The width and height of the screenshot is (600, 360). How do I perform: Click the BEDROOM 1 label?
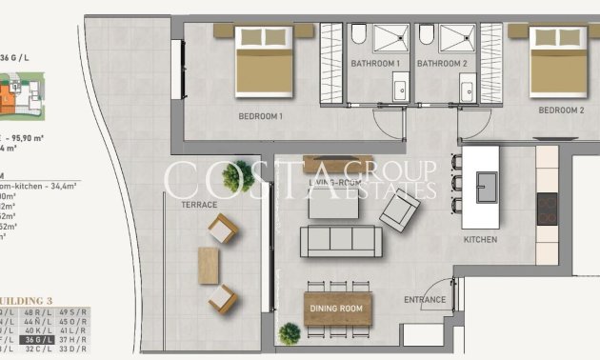click(261, 117)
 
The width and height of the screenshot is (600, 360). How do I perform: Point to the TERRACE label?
click(199, 205)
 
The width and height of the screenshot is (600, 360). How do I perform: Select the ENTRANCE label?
click(425, 300)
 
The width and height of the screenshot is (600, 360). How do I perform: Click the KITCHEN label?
click(480, 240)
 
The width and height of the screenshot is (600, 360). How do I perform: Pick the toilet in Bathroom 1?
click(358, 36)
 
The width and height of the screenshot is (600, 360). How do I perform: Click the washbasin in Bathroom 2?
click(467, 91)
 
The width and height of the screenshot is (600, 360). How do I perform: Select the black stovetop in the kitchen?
click(548, 209)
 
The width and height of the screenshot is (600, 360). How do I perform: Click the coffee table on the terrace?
click(210, 264)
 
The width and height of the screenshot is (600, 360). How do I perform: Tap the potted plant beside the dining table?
click(290, 333)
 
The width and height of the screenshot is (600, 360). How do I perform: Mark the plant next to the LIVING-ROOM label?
click(243, 174)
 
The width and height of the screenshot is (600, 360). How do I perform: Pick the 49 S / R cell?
click(72, 311)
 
